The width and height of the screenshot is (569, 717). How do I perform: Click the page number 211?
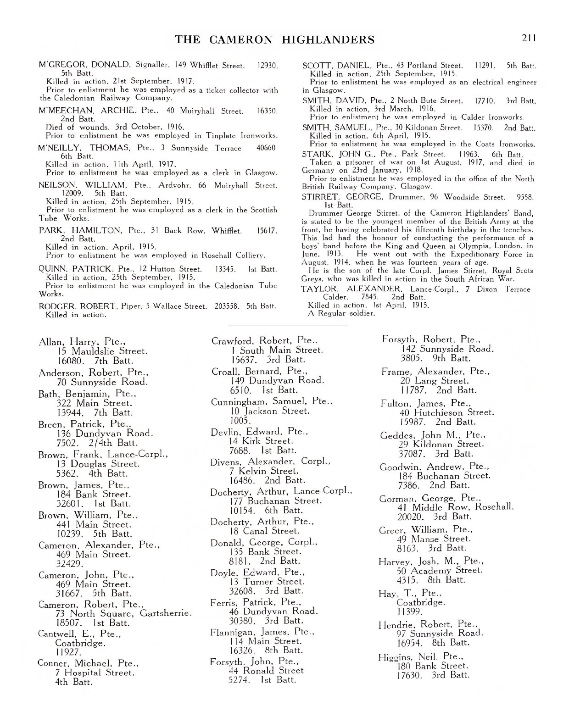529,38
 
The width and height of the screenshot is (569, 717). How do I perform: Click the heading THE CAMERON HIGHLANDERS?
274,39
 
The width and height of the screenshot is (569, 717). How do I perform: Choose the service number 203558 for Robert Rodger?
228,306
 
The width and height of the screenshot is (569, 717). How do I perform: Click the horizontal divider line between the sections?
288,326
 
